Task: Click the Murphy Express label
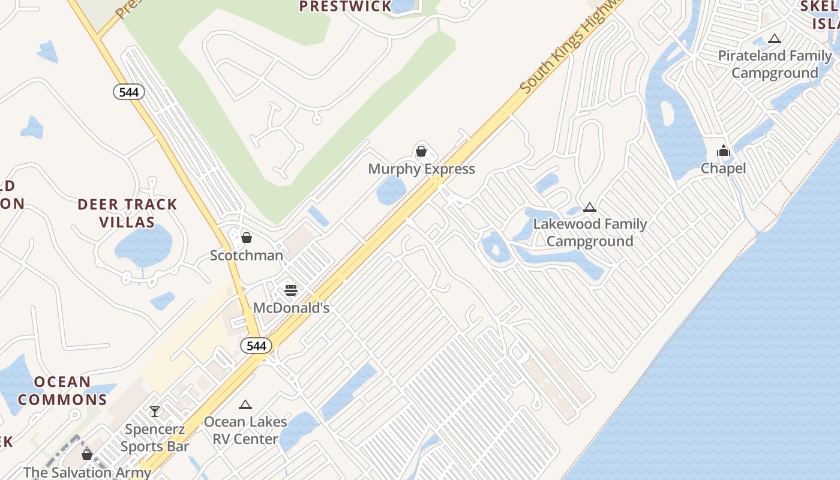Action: point(421,169)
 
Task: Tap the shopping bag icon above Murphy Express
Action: point(421,151)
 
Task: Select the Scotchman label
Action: point(246,256)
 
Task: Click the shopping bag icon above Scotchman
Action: point(246,238)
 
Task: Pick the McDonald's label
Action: point(291,308)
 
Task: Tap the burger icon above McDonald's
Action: point(291,290)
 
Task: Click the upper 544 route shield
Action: point(129,92)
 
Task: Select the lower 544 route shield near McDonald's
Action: point(256,346)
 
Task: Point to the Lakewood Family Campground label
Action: point(590,233)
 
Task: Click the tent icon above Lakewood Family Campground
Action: point(590,208)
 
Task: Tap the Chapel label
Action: point(723,169)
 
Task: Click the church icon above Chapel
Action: point(723,151)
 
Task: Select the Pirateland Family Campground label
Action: point(775,64)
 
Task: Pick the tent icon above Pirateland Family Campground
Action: point(775,39)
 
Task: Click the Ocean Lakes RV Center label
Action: point(245,430)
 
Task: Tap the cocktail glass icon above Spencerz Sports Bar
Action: point(155,412)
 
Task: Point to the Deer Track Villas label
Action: point(127,214)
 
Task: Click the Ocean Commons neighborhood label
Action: point(62,391)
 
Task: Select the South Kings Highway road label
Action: point(570,48)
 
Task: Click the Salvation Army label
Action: point(87,472)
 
